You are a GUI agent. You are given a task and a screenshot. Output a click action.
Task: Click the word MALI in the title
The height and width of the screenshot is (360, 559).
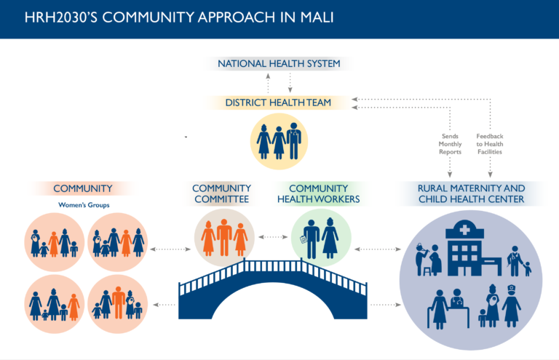click(x=317, y=17)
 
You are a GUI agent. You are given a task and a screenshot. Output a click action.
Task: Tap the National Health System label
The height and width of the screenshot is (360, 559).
click(x=279, y=64)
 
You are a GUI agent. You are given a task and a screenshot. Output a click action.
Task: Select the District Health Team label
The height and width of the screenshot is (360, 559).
click(x=278, y=103)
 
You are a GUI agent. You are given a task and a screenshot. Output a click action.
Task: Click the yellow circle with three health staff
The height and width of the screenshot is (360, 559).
click(x=279, y=141)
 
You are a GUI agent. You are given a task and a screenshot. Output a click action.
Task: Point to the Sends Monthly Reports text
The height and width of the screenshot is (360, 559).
click(x=450, y=144)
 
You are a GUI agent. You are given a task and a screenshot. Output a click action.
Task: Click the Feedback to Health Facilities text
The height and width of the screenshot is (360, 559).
click(x=490, y=144)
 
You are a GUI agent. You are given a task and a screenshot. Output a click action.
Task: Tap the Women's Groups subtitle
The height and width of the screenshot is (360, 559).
click(x=84, y=205)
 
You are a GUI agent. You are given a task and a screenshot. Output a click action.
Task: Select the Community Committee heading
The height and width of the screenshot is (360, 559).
click(x=221, y=193)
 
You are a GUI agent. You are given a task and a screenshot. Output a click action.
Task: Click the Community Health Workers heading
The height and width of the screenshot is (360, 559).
click(x=318, y=193)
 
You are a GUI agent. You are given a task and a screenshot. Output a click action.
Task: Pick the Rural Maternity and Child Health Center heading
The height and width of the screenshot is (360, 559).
click(x=472, y=193)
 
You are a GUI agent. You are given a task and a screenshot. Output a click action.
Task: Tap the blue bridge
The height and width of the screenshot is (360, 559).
click(x=273, y=289)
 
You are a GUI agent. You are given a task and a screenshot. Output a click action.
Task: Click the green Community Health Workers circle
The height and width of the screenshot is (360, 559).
click(x=321, y=238)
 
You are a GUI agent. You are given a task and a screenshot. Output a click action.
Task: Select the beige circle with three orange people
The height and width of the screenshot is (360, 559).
click(x=224, y=238)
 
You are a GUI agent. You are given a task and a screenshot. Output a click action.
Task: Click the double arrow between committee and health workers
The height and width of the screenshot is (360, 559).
click(x=273, y=237)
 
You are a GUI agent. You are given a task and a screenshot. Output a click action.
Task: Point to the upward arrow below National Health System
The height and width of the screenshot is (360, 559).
click(x=268, y=84)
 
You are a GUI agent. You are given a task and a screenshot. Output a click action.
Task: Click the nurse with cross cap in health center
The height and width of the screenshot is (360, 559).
click(x=511, y=305)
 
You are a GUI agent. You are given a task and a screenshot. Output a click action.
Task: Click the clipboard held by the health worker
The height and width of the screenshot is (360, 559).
click(x=304, y=240)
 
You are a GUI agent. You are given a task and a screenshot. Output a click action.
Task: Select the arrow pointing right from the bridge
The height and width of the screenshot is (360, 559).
click(x=386, y=305)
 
